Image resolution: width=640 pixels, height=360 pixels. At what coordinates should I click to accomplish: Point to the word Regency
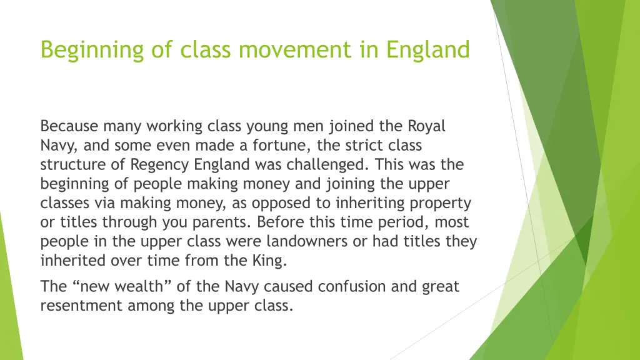click(x=159, y=165)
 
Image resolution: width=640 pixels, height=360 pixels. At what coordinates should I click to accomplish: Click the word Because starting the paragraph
click(x=69, y=126)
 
